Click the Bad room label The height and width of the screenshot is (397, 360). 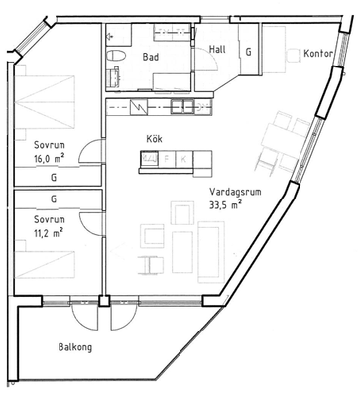(151, 57)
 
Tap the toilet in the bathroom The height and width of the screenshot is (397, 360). (116, 55)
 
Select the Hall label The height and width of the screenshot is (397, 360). (217, 50)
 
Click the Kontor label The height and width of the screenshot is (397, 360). (317, 54)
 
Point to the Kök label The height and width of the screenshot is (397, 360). (154, 139)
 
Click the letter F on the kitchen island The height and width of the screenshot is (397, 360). (167, 159)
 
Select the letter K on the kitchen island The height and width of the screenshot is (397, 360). (183, 159)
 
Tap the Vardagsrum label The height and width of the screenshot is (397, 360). (235, 192)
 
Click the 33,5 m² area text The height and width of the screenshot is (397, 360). (225, 205)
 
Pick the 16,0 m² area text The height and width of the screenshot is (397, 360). (49, 159)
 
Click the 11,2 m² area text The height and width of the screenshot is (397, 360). (49, 233)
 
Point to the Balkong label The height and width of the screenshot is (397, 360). (75, 347)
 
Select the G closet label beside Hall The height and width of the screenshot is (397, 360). (248, 52)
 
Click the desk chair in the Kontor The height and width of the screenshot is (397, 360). (293, 56)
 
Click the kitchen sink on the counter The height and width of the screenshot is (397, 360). (182, 107)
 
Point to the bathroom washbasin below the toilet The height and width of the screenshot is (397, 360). (113, 76)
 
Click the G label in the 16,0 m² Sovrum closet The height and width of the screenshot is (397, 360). (54, 178)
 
